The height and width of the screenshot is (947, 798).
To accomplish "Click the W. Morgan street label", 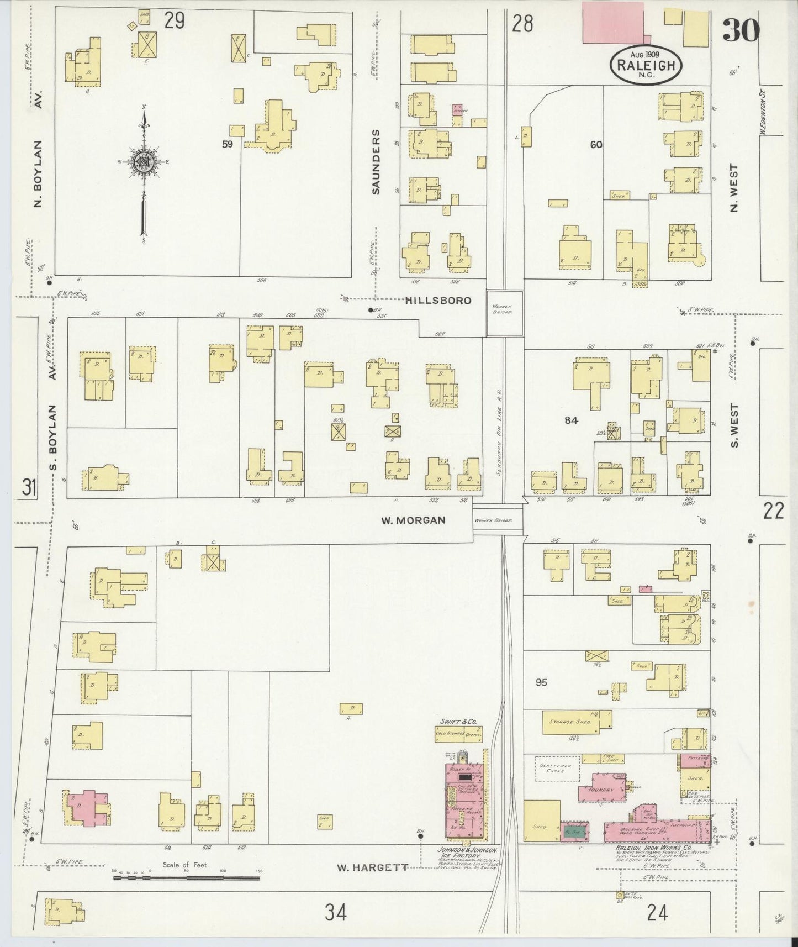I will pyautogui.click(x=413, y=520).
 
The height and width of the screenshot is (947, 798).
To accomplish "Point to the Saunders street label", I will pyautogui.click(x=376, y=162).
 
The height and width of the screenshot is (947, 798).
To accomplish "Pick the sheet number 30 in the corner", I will pyautogui.click(x=741, y=30).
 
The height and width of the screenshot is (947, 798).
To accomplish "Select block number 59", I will pyautogui.click(x=227, y=144).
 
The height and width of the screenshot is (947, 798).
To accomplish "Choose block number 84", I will pyautogui.click(x=571, y=420).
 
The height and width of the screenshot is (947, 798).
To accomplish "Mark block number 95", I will pyautogui.click(x=541, y=682).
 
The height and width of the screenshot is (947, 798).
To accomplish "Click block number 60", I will pyautogui.click(x=596, y=145).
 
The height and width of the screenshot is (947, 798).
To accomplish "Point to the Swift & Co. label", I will pyautogui.click(x=458, y=722).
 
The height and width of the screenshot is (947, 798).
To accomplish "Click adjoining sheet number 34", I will pyautogui.click(x=336, y=913).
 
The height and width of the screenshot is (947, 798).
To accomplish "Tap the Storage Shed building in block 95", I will pyautogui.click(x=569, y=722).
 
